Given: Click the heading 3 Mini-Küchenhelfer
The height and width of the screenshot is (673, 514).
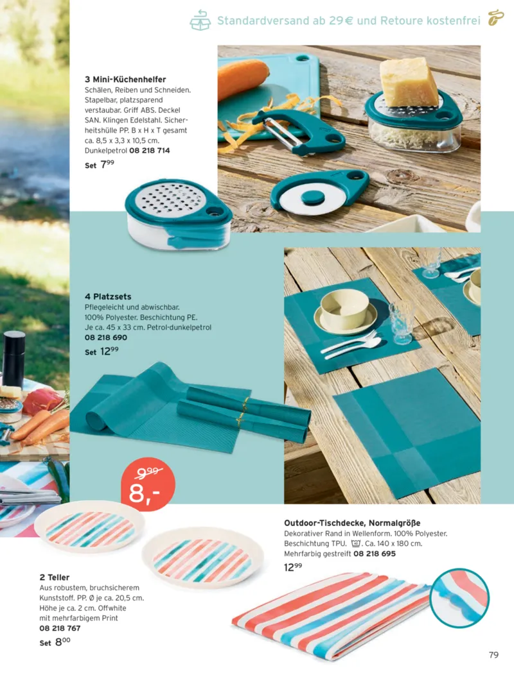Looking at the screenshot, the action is click(125, 80).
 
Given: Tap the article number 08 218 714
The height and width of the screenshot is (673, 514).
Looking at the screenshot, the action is click(150, 151).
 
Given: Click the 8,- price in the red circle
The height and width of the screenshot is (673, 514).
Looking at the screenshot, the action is click(144, 493).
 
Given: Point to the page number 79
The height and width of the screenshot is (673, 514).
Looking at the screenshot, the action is click(493, 654).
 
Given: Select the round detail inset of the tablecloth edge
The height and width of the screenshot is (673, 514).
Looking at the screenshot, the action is click(459, 598).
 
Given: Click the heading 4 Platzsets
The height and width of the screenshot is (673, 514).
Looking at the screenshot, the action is click(108, 296).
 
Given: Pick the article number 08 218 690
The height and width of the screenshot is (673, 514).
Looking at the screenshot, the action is click(106, 337).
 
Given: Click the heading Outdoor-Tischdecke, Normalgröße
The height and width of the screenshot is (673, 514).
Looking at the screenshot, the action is click(352, 523).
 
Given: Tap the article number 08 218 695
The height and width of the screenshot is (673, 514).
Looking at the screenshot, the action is click(375, 554).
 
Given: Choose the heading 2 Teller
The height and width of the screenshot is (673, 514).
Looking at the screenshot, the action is click(54, 577).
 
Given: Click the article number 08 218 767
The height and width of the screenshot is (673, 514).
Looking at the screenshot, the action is click(60, 628).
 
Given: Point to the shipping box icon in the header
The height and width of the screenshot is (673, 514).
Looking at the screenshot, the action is click(200, 20).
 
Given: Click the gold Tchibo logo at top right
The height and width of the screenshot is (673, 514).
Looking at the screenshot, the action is click(495, 17).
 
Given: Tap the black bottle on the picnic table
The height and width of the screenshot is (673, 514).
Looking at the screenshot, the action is click(13, 359).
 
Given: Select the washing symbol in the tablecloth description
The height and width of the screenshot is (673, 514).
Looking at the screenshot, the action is click(355, 543).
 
